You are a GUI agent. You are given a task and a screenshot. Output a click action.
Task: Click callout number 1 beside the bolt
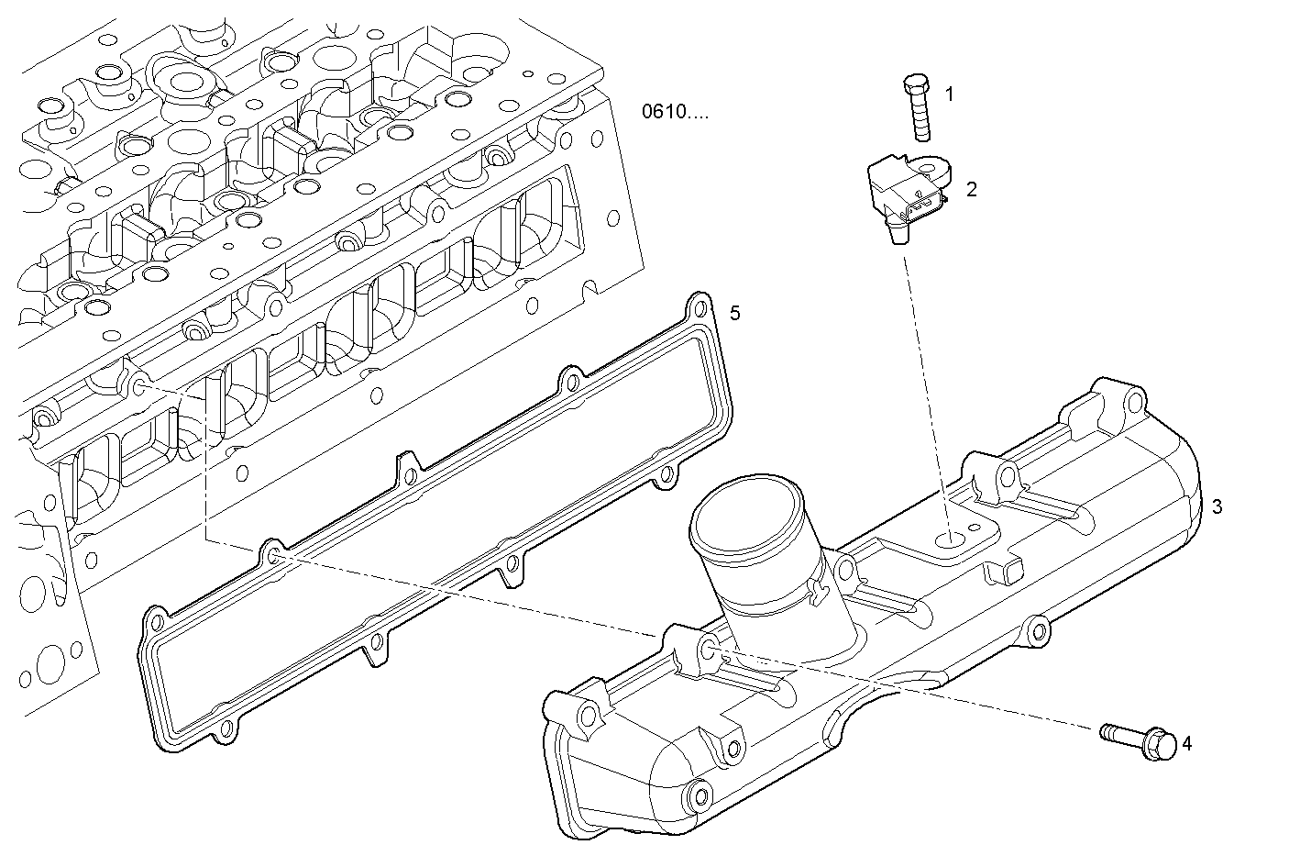tap(950, 94)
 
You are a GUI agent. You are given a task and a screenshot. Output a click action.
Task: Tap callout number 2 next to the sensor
tap(971, 189)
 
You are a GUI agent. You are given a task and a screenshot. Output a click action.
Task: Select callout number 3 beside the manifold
tap(1217, 506)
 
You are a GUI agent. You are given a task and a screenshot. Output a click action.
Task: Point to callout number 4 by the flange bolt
tap(1187, 743)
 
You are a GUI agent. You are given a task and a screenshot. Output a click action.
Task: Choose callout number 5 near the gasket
tap(734, 314)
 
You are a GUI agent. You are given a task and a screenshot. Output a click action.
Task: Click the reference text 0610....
tap(675, 112)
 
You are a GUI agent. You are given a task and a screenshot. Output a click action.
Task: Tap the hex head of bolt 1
tap(916, 84)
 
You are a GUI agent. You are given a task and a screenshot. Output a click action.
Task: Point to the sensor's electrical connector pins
tap(923, 205)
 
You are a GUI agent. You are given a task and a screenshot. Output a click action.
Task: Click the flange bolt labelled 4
tap(1139, 742)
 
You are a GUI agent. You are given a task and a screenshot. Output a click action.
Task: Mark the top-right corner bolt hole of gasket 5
tap(700, 307)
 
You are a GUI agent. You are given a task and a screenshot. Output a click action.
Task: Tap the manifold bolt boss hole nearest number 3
tap(1135, 401)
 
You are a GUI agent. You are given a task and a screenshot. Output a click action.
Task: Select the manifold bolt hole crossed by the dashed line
tap(709, 650)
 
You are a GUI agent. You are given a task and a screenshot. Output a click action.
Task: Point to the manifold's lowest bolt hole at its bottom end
tap(700, 795)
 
